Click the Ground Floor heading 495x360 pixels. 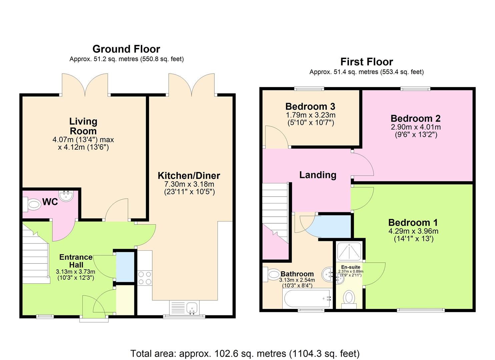pyautogui.click(x=126, y=49)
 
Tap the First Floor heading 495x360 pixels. pyautogui.click(x=366, y=62)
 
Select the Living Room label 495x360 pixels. pyautogui.click(x=83, y=126)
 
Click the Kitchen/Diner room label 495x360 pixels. pyautogui.click(x=189, y=176)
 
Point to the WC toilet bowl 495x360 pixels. pyautogui.click(x=32, y=204)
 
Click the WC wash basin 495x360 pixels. pyautogui.click(x=66, y=195)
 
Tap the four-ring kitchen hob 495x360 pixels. pyautogui.click(x=145, y=278)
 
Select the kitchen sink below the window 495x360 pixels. pyautogui.click(x=192, y=308)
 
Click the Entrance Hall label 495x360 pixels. pyautogui.click(x=76, y=261)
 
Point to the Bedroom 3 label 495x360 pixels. pyautogui.click(x=310, y=107)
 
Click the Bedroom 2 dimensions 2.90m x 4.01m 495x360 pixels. pyautogui.click(x=415, y=127)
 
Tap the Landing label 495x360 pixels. pyautogui.click(x=318, y=175)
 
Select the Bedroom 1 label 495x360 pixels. pyautogui.click(x=413, y=222)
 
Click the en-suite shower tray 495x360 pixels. pyautogui.click(x=349, y=251)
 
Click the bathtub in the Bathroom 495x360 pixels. pyautogui.click(x=307, y=298)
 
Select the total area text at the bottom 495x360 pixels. pyautogui.click(x=245, y=353)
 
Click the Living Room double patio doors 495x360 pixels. pyautogui.click(x=85, y=85)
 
